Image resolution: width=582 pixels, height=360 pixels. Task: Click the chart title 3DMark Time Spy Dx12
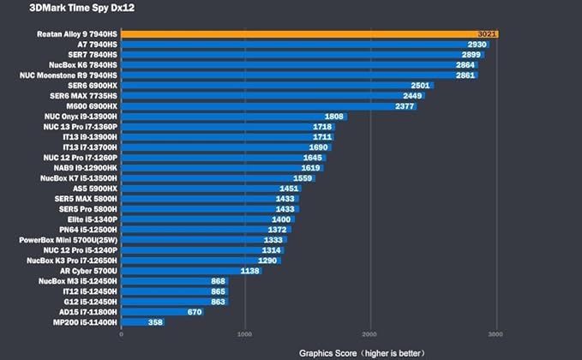point(82,8)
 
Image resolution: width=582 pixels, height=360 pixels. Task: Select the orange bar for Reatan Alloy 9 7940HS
point(310,34)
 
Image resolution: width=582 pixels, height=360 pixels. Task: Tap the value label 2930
point(477,45)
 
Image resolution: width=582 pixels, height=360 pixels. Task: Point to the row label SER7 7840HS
point(93,55)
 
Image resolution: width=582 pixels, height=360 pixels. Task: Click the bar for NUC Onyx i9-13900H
point(234,117)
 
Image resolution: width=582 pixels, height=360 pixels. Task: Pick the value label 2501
point(420,86)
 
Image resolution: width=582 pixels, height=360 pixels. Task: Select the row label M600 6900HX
point(92,106)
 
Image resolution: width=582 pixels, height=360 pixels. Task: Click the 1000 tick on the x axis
point(244,334)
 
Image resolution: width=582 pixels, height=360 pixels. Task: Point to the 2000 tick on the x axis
point(369,334)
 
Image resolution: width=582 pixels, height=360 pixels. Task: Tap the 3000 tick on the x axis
point(495,334)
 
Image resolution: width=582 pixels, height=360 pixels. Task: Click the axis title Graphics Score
point(327,353)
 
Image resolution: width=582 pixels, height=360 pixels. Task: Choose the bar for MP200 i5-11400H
point(143,322)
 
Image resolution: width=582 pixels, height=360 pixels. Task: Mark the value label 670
point(195,312)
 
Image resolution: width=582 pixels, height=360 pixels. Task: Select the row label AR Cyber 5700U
point(88,271)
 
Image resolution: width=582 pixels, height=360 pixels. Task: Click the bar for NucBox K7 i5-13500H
point(219,178)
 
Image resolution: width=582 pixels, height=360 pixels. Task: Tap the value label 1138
point(249,271)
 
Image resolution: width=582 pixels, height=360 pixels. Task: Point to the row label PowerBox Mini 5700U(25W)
point(69,240)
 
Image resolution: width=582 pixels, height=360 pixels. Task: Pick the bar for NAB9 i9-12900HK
point(222,168)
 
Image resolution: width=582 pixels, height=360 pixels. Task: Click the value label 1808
point(334,117)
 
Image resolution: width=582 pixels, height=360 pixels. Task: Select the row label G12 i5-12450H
point(90,302)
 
